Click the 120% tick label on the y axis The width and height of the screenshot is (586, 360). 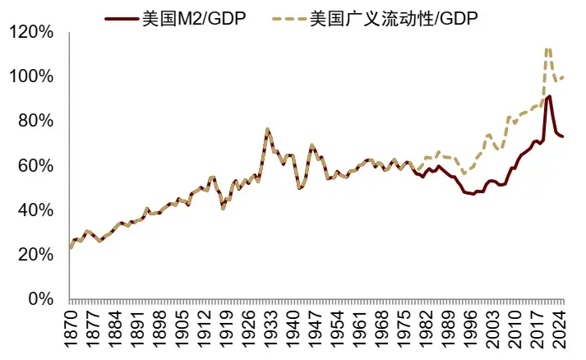coord(30,32)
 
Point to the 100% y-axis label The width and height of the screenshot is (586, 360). coord(30,76)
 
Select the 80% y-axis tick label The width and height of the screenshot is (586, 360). coord(35,121)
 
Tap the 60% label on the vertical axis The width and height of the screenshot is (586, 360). coord(35,165)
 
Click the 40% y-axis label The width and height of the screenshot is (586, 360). coord(35,210)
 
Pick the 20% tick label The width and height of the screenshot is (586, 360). coord(35,255)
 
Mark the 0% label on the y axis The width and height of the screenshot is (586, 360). coord(41,299)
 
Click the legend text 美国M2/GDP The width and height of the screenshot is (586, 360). coord(194,19)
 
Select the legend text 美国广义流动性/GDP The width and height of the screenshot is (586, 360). coord(394,19)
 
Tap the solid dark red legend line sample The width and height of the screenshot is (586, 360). coord(122,19)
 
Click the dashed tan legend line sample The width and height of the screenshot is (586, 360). coord(288,19)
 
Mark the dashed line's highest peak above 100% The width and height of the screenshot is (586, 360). coord(548,49)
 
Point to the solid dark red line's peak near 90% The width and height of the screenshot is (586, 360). coord(549,96)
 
